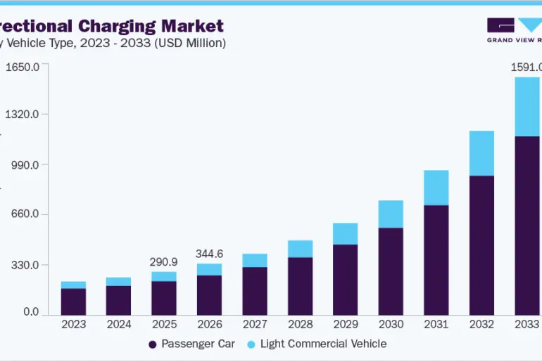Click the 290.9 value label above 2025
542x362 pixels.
(x=163, y=261)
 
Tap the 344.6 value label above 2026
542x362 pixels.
(x=209, y=253)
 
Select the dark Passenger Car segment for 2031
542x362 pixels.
(x=436, y=259)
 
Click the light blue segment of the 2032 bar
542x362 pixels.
(x=481, y=153)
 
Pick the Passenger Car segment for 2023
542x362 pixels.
(x=73, y=302)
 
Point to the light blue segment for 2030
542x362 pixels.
(x=391, y=214)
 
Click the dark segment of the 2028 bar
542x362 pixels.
(x=300, y=286)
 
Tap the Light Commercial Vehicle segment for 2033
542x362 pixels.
(x=527, y=106)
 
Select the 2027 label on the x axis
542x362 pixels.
(x=255, y=324)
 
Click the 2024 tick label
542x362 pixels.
(x=118, y=324)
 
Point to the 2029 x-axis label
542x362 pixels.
(x=346, y=324)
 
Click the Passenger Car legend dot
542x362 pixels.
(x=152, y=344)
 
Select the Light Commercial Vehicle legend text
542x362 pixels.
(x=323, y=344)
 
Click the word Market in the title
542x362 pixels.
(x=191, y=27)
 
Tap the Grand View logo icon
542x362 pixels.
(x=514, y=25)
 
